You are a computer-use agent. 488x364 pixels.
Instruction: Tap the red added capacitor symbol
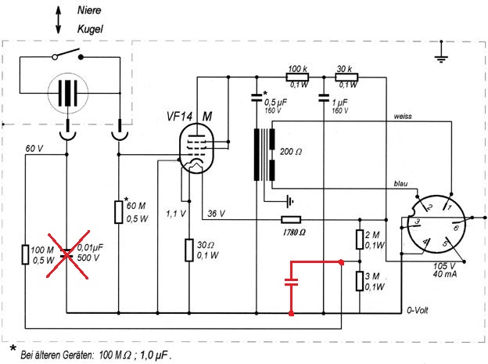coord(292,284)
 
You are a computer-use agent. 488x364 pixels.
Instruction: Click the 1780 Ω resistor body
coord(291,220)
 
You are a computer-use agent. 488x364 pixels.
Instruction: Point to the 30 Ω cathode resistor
coord(188,250)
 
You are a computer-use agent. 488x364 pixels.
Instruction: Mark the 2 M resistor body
coord(359,240)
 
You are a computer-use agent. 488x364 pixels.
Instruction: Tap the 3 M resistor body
coord(359,280)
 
